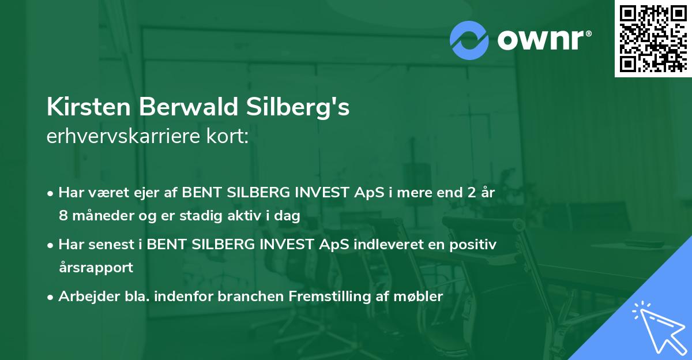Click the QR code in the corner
point(652,38)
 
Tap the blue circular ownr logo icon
point(469,40)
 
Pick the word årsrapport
point(96,268)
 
